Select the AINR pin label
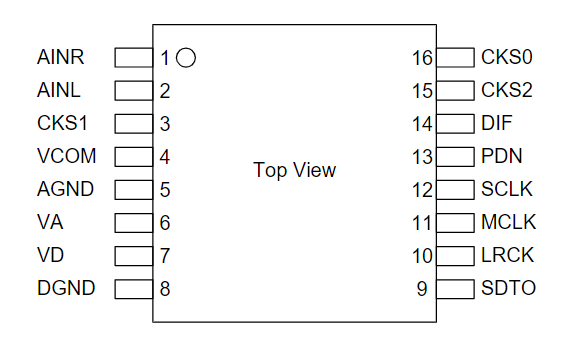click(60, 57)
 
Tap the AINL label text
click(58, 90)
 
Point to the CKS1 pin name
click(62, 123)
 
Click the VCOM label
click(67, 156)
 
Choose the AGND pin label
click(65, 189)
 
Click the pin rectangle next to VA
click(134, 223)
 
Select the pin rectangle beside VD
click(134, 256)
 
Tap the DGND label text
click(66, 288)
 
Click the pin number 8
click(165, 289)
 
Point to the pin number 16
click(422, 58)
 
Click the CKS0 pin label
click(507, 57)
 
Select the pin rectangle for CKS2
click(455, 91)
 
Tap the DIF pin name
click(496, 123)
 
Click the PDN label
click(502, 156)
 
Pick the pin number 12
click(422, 190)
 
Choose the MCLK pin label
click(508, 222)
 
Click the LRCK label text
click(507, 255)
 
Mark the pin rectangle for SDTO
click(455, 289)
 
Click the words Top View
click(294, 170)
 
